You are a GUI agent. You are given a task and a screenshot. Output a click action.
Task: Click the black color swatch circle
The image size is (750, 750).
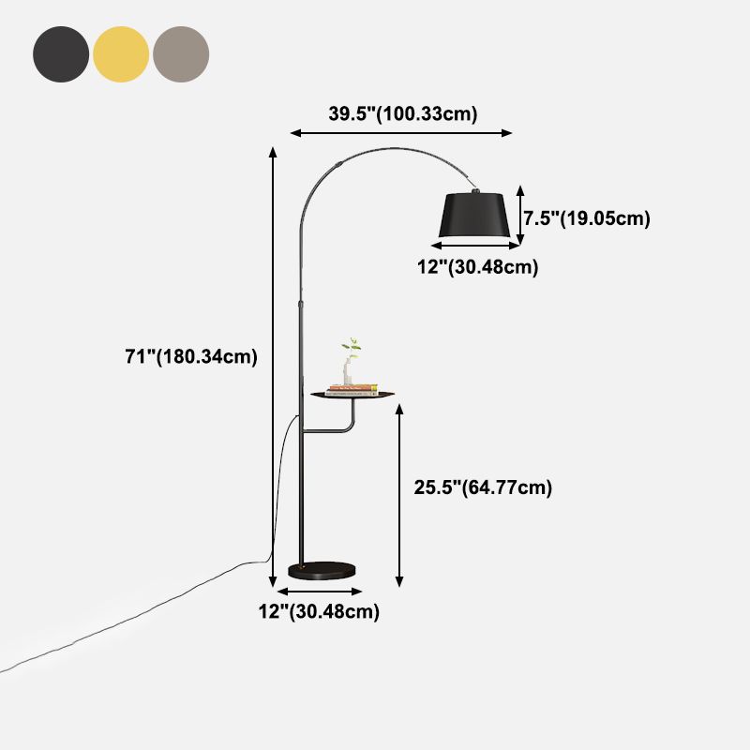61,54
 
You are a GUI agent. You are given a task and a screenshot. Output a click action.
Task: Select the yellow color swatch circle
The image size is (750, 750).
121,54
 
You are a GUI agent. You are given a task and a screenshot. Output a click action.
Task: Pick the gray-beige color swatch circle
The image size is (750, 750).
181,54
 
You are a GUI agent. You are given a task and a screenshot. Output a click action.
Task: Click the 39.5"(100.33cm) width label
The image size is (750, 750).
403,114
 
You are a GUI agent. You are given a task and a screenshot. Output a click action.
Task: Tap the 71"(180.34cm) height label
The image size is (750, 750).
190,356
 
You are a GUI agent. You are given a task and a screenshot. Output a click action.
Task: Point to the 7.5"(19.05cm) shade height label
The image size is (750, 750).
586,218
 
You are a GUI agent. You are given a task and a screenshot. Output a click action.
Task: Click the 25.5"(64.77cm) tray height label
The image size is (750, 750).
482,487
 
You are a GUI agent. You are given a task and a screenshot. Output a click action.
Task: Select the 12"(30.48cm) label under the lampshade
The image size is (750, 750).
477,267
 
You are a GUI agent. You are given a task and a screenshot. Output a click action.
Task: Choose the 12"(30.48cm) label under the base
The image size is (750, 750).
319,612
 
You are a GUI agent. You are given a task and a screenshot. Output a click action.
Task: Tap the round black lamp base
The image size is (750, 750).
322,569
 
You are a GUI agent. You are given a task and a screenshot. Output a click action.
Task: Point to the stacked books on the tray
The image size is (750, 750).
352,390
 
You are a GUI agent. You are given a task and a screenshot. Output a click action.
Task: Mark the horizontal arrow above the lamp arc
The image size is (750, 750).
402,133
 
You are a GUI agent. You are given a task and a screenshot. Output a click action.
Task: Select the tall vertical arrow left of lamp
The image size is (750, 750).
273,366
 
